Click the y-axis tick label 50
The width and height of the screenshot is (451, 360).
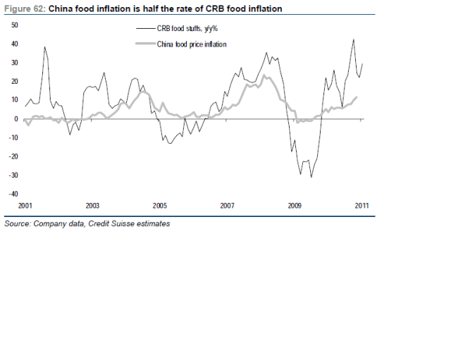[x=14, y=25]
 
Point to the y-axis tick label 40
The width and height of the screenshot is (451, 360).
[x=14, y=44]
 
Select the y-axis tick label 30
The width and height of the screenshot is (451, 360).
[x=14, y=62]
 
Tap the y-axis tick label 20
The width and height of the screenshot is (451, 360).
[x=14, y=81]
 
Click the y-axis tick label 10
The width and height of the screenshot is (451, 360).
[x=14, y=99]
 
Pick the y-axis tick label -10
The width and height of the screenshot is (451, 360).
[x=13, y=137]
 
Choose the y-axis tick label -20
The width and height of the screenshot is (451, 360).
[x=13, y=156]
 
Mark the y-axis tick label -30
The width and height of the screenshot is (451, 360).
[x=13, y=175]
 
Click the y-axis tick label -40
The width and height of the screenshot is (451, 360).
[x=13, y=194]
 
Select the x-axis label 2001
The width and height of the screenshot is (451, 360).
[x=25, y=206]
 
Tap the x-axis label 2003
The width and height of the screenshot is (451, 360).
[x=92, y=206]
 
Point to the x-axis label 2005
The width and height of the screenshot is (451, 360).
[x=160, y=206]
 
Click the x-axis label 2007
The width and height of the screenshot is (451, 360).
[x=227, y=206]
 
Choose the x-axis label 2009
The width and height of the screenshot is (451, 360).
[x=295, y=206]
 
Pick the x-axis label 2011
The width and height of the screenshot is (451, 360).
[x=362, y=206]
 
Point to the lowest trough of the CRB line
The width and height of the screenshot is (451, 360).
[x=311, y=177]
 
